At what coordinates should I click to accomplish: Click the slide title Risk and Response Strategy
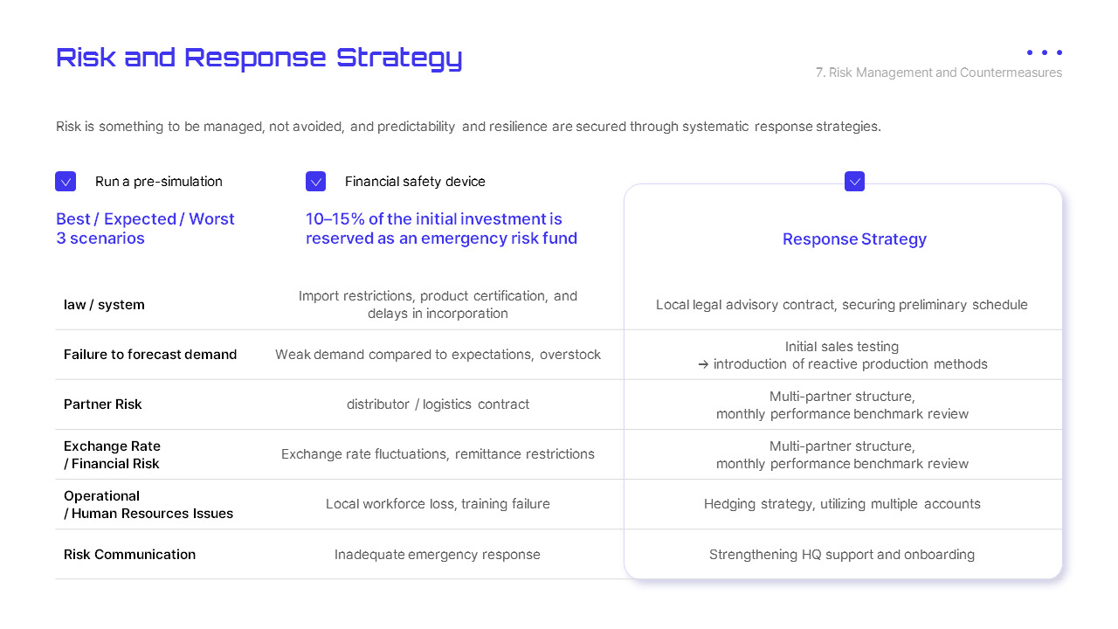(x=259, y=58)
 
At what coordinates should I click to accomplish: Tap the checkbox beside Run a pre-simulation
(x=66, y=182)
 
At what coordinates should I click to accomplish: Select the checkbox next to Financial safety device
(x=315, y=182)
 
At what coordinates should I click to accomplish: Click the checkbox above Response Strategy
(x=854, y=182)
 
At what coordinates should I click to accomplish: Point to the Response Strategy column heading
(x=854, y=239)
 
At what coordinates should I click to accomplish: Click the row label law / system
(x=104, y=305)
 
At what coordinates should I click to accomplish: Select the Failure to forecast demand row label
(x=150, y=355)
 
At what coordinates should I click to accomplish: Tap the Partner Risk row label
(x=103, y=404)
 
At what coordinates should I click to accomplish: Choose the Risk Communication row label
(x=129, y=555)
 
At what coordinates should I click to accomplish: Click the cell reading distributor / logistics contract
(x=438, y=404)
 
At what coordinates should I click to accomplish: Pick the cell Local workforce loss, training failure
(x=438, y=504)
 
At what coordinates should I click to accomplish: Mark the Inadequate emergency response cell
(x=438, y=555)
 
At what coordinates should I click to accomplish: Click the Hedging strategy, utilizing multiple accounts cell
(x=842, y=504)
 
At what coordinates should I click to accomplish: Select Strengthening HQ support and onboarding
(x=842, y=555)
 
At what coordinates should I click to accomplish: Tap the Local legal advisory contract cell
(x=842, y=305)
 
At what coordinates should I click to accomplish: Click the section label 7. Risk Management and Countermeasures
(x=939, y=73)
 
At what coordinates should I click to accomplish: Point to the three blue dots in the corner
(x=1045, y=52)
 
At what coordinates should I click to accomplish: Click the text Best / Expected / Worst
(x=145, y=219)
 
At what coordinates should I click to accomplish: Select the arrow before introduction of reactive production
(x=703, y=364)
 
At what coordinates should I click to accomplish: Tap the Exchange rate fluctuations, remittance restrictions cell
(x=438, y=454)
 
